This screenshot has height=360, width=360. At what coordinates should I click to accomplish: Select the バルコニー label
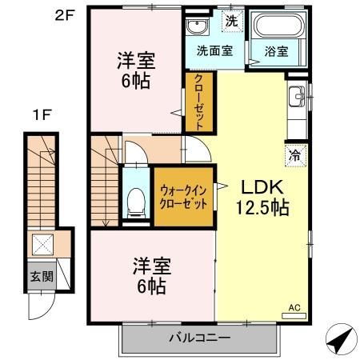tap(199, 337)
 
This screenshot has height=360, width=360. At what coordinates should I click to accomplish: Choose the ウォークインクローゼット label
tap(184, 198)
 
